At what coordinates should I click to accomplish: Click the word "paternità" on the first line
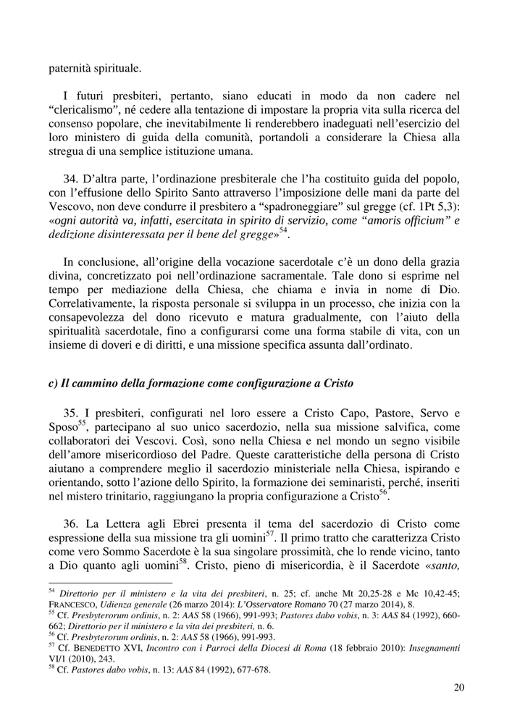(x=72, y=70)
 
